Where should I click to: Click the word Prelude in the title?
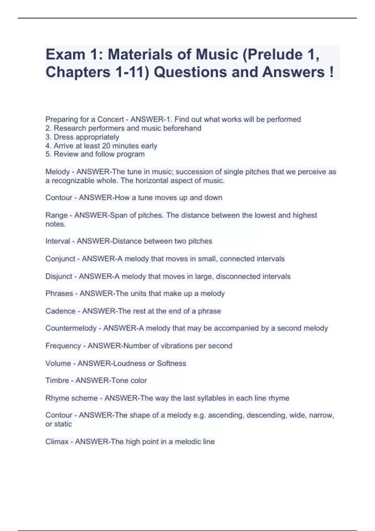(x=275, y=55)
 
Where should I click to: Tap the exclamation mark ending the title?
(x=331, y=72)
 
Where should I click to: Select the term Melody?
(x=57, y=172)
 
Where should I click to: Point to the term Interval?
(x=58, y=241)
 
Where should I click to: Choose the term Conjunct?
(x=60, y=259)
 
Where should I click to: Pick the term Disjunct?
(x=59, y=276)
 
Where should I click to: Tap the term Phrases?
(x=59, y=294)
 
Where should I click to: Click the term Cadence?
(x=60, y=311)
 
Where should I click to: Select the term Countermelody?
(x=71, y=328)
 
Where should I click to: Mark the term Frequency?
(x=63, y=346)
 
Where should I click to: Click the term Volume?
(x=58, y=364)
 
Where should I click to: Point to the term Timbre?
(x=57, y=380)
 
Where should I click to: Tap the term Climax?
(x=57, y=442)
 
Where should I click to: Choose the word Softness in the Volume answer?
(x=172, y=364)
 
